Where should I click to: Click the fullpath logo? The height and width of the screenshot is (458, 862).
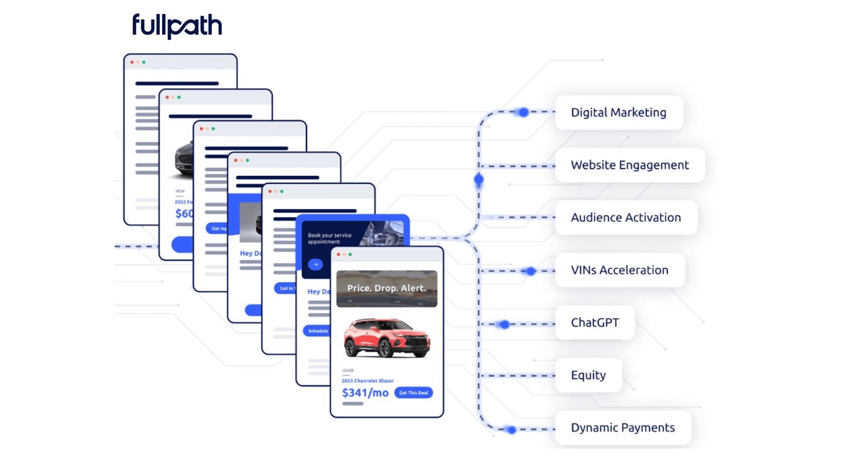(x=177, y=26)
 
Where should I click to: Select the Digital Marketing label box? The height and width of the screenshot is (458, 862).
(x=618, y=112)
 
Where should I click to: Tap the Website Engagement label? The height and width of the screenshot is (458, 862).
(x=629, y=165)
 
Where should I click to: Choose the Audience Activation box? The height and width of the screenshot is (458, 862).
(x=625, y=217)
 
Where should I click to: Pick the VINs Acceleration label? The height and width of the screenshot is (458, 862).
(x=620, y=270)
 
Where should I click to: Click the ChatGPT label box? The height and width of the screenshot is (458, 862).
(x=595, y=322)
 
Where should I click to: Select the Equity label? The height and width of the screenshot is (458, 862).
(x=588, y=375)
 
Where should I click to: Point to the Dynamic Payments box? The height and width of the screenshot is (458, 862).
(x=623, y=428)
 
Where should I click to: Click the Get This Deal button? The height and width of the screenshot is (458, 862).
(x=413, y=393)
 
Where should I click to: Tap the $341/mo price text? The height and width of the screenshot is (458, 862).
(x=365, y=393)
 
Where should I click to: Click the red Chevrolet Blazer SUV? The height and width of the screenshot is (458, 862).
(x=387, y=338)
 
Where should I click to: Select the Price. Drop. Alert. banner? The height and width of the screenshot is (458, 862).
(x=387, y=288)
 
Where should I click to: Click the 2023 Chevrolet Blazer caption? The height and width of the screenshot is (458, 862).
(x=367, y=381)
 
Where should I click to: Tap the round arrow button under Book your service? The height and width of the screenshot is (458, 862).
(x=316, y=264)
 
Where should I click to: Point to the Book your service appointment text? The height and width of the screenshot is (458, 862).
(x=329, y=238)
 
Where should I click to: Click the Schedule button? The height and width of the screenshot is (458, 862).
(x=317, y=331)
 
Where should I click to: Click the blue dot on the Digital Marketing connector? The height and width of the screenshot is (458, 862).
(x=524, y=112)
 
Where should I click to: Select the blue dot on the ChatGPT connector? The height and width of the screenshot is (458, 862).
(x=504, y=324)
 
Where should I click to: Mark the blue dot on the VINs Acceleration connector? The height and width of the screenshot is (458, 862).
(x=531, y=271)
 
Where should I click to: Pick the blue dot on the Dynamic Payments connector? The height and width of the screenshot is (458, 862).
(x=512, y=429)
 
